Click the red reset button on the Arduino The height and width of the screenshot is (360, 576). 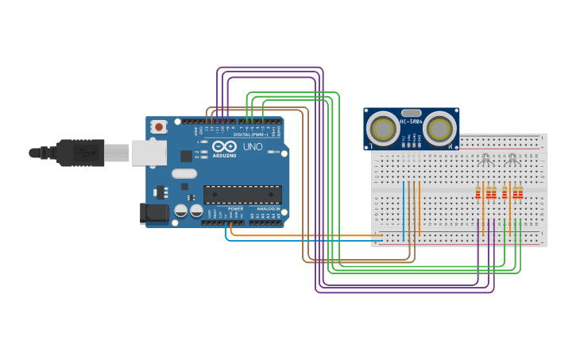(159, 126)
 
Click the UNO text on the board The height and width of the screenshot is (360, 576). (253, 147)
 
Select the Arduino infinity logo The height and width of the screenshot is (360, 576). (224, 147)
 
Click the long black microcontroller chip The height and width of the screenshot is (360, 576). (242, 195)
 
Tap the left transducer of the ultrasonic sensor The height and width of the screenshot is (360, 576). (383, 128)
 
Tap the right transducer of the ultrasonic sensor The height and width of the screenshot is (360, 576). (439, 128)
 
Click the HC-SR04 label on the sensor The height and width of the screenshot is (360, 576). (411, 122)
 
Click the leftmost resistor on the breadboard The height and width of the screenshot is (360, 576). (478, 192)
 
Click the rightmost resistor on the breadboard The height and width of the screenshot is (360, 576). (520, 192)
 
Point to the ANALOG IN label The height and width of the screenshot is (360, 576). (265, 209)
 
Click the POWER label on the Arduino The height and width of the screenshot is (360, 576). (235, 209)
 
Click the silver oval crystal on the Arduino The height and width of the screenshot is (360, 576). (184, 173)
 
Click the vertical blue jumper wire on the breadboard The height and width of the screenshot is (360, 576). (404, 211)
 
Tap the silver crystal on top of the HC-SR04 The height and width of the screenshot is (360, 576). (411, 114)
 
